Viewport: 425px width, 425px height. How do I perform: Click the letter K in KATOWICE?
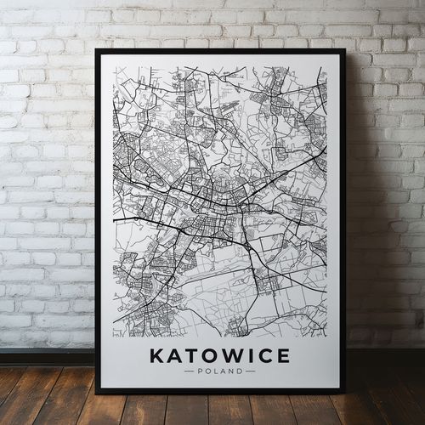tap(156, 356)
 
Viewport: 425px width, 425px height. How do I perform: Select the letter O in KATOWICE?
tap(207, 356)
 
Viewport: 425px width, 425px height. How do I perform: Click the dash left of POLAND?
tap(189, 371)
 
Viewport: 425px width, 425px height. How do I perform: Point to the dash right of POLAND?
tap(250, 371)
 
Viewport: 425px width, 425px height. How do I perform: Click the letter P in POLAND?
tap(200, 371)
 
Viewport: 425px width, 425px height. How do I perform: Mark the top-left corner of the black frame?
tap(96, 50)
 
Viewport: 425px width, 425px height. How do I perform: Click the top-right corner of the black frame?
tap(345, 50)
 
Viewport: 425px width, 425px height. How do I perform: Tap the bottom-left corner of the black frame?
tap(96, 393)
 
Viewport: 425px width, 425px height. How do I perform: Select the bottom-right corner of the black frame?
tap(345, 393)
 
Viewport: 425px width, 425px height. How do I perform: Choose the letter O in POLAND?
tap(207, 371)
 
